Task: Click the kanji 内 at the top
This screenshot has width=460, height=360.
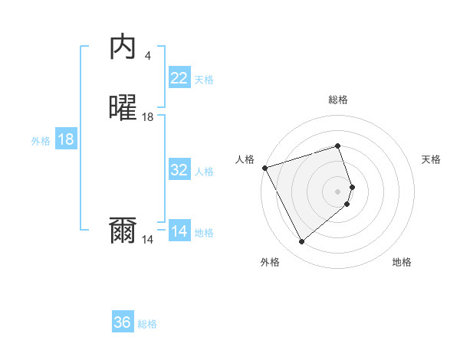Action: (x=123, y=47)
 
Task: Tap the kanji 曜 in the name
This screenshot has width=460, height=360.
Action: (x=123, y=108)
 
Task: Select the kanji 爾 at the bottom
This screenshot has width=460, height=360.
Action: (x=123, y=231)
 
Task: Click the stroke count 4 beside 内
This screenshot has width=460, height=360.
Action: (x=148, y=55)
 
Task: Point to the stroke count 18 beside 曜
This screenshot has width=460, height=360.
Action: (x=148, y=117)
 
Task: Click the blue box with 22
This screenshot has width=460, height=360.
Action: (x=179, y=78)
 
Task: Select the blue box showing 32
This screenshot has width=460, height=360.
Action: (x=179, y=170)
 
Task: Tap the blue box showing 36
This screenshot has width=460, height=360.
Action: (x=123, y=322)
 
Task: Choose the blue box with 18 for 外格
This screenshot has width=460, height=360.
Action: (x=66, y=139)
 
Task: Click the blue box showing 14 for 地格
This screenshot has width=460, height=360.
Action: (x=179, y=231)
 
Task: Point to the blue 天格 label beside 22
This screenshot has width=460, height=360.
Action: (x=204, y=80)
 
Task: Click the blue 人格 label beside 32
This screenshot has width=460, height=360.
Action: (x=205, y=172)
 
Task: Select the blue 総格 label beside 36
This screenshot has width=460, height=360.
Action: (x=147, y=324)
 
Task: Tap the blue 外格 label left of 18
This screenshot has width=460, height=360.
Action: (x=41, y=141)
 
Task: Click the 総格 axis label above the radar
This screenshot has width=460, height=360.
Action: (x=338, y=100)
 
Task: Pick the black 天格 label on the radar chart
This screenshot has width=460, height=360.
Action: (x=432, y=159)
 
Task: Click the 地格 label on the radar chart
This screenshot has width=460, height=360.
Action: (x=402, y=262)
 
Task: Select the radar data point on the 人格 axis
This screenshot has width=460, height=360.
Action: (x=264, y=167)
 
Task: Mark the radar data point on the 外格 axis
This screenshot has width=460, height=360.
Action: (x=301, y=242)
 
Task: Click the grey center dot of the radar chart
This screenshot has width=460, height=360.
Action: (x=338, y=191)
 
